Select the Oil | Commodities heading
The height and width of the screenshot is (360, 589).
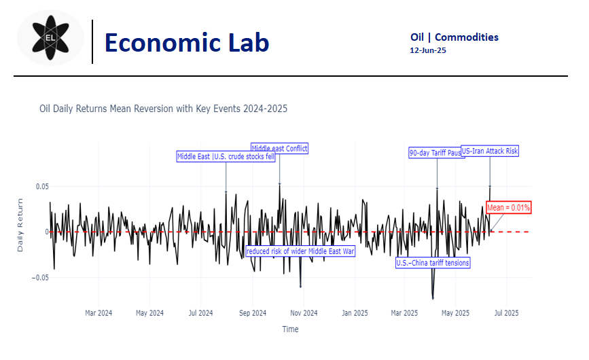[x=454, y=37]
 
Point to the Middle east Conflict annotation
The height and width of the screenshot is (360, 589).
[x=279, y=148]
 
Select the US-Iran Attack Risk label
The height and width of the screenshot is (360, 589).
[x=489, y=151]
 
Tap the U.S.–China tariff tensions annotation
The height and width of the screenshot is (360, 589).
[x=433, y=262]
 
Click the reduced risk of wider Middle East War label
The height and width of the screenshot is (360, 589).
[x=300, y=251]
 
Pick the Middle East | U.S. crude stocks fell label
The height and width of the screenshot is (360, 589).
[x=226, y=156]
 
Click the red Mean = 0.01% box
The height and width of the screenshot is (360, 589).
[x=508, y=207]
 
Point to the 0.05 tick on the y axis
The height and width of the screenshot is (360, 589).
[x=42, y=186]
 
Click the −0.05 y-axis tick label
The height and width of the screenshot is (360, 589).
[x=40, y=277]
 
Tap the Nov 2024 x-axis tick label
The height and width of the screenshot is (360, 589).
[x=304, y=313]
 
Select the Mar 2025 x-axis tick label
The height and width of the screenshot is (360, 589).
[x=404, y=313]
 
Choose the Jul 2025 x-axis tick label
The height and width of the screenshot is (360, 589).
[x=505, y=313]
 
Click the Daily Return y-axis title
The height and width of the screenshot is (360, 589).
[x=20, y=226]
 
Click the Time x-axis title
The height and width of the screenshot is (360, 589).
[x=290, y=329]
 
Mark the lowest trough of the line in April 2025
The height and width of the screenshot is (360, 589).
[x=433, y=298]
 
